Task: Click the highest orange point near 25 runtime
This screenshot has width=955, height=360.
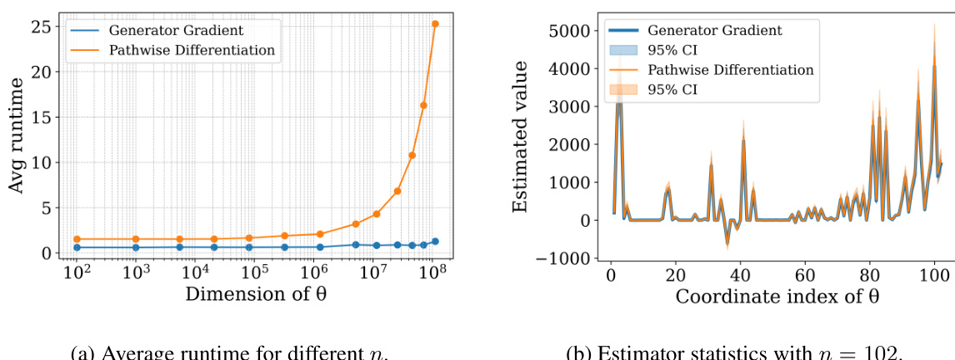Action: point(435,24)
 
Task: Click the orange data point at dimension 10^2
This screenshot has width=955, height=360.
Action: point(77,239)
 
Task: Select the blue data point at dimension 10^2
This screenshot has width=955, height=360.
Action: point(77,247)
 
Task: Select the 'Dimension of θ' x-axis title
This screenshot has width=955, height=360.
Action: point(255,294)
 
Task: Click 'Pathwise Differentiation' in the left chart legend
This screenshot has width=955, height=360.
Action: point(192,50)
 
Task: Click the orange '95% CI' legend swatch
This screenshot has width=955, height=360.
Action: point(630,88)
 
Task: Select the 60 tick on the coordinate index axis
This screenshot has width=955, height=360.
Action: point(805,273)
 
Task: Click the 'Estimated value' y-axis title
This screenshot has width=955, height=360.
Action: point(520,137)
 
